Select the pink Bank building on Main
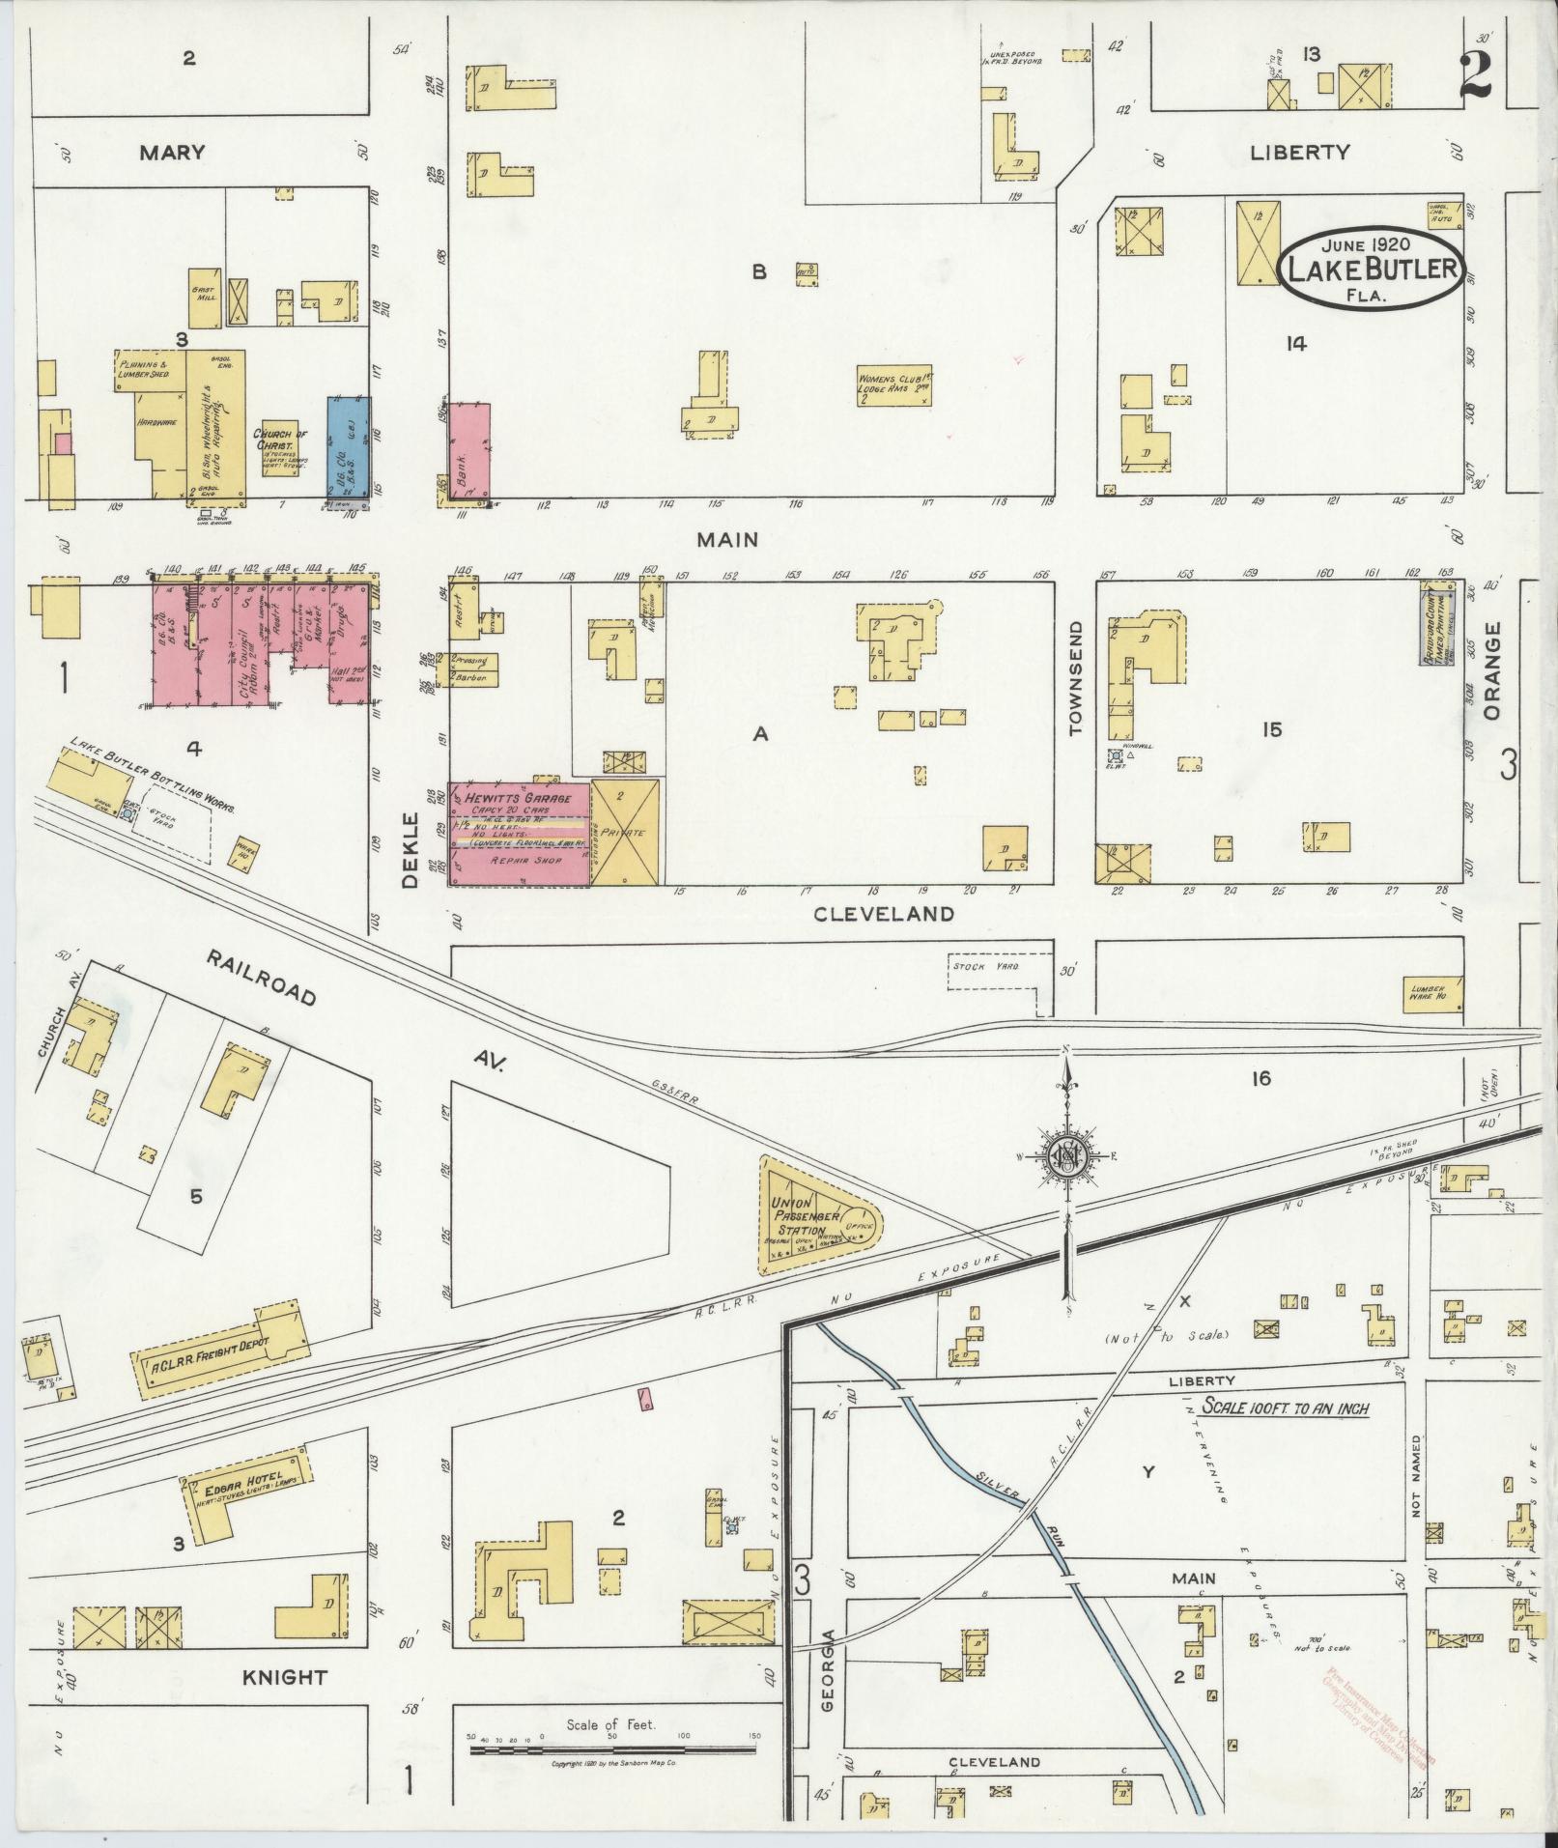click(468, 453)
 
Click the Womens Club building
click(894, 384)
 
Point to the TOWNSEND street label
click(1077, 679)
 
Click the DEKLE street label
click(411, 851)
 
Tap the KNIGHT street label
click(286, 1677)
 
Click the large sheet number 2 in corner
click(1476, 75)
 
